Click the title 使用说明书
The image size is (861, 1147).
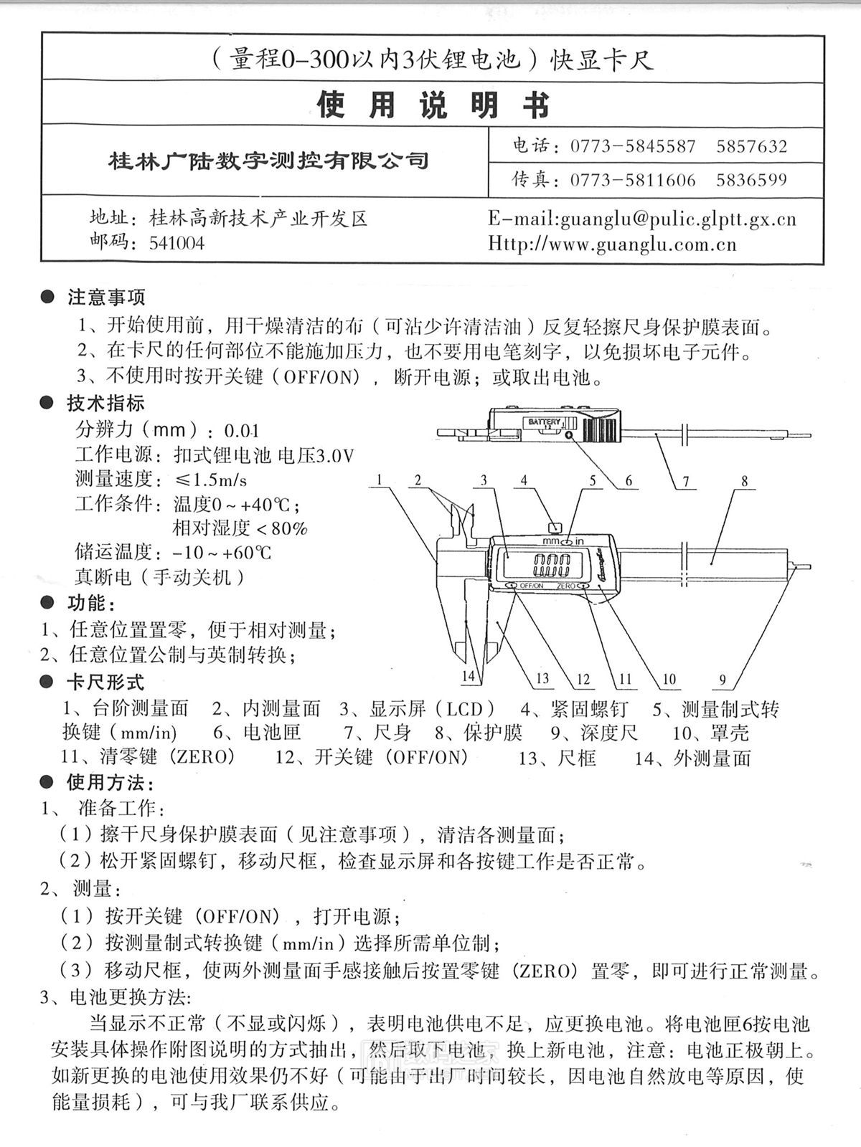[x=433, y=105]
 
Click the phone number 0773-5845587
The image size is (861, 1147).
[x=633, y=147]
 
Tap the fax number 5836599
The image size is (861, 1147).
[x=751, y=180]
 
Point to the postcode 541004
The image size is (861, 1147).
[x=177, y=244]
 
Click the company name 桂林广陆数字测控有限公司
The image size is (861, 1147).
[x=268, y=160]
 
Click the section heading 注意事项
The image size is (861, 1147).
[x=106, y=296]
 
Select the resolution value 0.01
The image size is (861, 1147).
[x=241, y=432]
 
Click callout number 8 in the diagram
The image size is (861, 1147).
[x=745, y=481]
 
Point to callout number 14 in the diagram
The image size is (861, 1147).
[x=469, y=676]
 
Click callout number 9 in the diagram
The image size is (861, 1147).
[x=723, y=680]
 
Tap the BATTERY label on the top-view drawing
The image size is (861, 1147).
[x=545, y=422]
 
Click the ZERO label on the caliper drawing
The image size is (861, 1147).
[x=565, y=586]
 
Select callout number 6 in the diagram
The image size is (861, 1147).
[x=629, y=481]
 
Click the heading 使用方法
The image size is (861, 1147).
[x=109, y=781]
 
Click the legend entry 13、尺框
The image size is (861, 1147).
[x=557, y=758]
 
